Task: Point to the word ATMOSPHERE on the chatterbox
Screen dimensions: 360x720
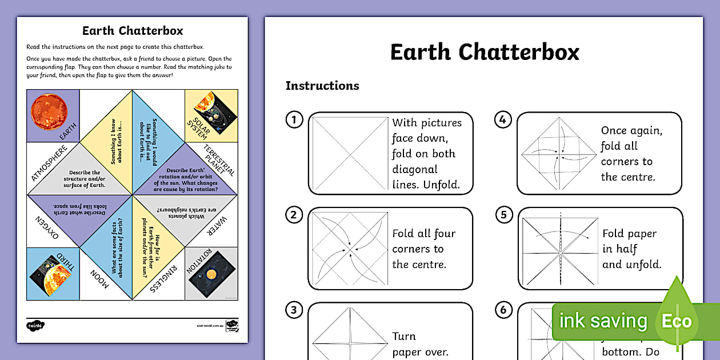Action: point(50,163)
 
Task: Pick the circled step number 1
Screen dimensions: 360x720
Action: point(294,120)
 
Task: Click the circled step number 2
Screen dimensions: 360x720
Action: point(294,215)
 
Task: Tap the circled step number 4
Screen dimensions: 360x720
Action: point(502,120)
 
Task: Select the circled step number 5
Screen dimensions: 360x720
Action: point(503,215)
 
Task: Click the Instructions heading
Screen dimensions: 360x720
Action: point(322,86)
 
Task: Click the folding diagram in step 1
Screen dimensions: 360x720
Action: point(350,153)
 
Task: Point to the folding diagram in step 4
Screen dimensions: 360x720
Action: point(558,153)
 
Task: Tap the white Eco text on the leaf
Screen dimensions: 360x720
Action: point(677,321)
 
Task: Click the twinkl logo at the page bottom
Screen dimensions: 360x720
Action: point(35,325)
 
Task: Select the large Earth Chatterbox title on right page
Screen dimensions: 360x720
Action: point(485,52)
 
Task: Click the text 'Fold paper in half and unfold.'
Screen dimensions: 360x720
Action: point(631,249)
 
